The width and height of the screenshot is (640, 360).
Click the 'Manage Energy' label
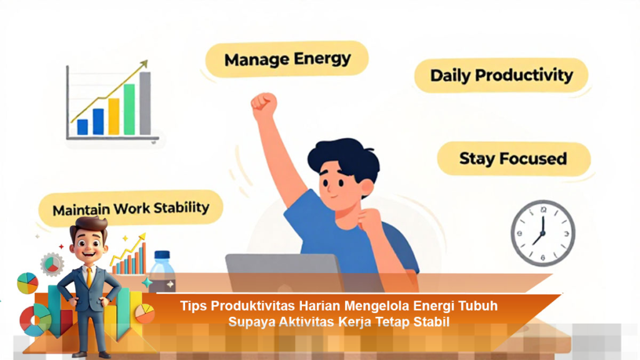287,59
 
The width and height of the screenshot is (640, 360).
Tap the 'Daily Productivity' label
501,76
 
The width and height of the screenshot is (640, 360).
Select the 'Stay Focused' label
514,159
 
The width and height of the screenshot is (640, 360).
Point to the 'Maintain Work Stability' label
131,209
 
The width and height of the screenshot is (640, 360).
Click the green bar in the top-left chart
129,109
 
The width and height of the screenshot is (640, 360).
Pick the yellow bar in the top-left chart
114,116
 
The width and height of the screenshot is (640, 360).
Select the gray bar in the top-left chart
145,103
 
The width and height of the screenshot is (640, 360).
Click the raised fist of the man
264,105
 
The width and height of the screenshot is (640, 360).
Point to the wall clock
543,233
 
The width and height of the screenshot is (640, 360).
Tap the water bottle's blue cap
162,255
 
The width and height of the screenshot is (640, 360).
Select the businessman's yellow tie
89,277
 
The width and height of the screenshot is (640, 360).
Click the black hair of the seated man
344,157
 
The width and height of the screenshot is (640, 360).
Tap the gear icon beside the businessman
52,264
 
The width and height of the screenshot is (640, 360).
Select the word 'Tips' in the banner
194,306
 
